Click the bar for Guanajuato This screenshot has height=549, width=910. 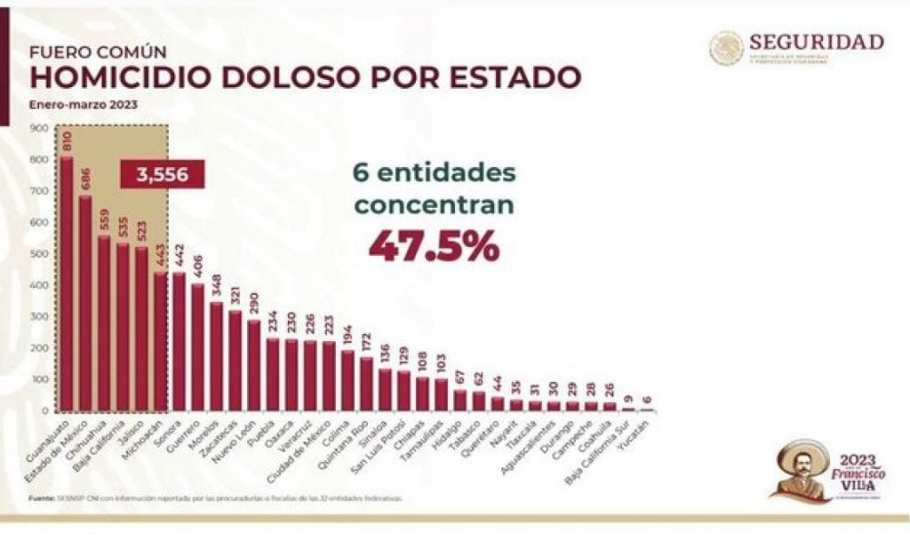click(67, 284)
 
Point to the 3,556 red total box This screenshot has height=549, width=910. click(162, 174)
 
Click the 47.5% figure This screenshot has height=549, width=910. click(434, 247)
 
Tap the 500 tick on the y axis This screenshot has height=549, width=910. click(38, 254)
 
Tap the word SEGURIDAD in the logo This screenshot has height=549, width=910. click(816, 42)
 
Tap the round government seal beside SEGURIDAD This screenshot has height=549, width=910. click(726, 48)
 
